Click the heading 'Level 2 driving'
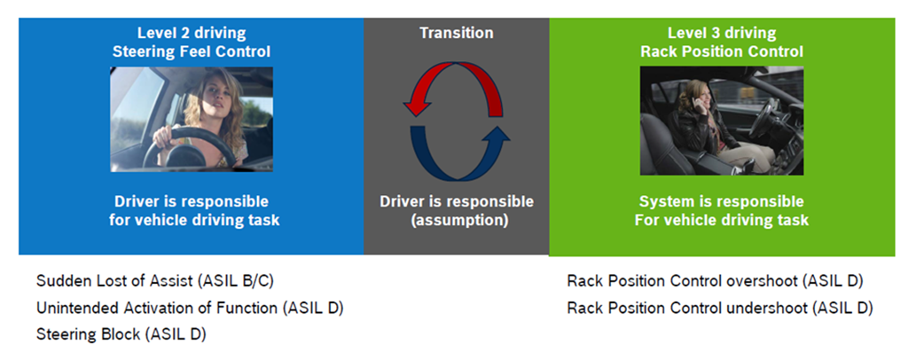pyautogui.click(x=191, y=34)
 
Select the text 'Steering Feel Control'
pyautogui.click(x=191, y=52)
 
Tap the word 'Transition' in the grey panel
pyautogui.click(x=456, y=34)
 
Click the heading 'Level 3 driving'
pyautogui.click(x=721, y=34)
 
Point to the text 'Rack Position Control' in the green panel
pyautogui.click(x=721, y=52)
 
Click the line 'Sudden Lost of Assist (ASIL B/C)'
pyautogui.click(x=154, y=282)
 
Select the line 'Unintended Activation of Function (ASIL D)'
pyautogui.click(x=190, y=309)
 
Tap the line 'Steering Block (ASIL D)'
pyautogui.click(x=121, y=335)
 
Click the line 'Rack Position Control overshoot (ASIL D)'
pyautogui.click(x=715, y=282)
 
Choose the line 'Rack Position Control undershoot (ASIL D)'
pyautogui.click(x=720, y=309)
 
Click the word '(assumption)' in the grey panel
pyautogui.click(x=456, y=220)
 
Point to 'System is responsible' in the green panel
pyautogui.click(x=721, y=201)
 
